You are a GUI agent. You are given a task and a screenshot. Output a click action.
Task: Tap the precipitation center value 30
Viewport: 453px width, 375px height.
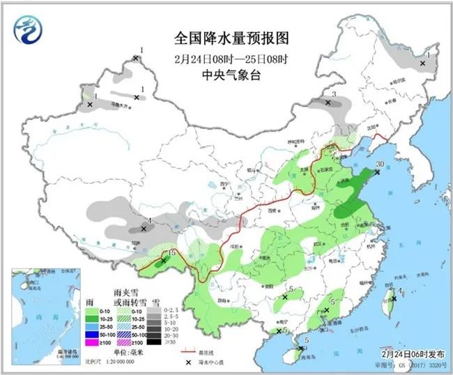(x=380, y=164)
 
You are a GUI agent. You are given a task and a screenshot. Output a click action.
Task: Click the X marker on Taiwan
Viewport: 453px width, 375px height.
(x=393, y=298)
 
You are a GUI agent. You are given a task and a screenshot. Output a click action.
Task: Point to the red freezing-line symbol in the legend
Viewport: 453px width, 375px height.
(x=187, y=353)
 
